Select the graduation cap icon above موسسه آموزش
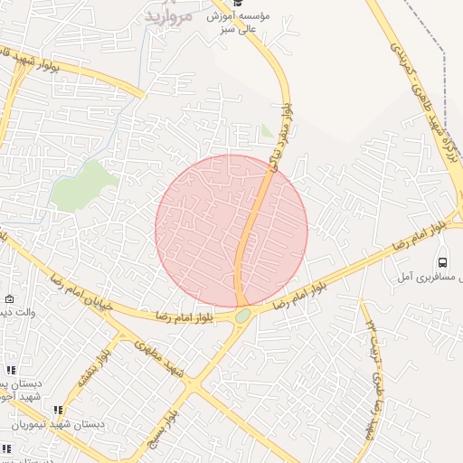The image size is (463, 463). coord(237,3)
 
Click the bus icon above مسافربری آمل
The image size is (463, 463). coord(442,263)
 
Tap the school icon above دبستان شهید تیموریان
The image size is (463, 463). coord(60,410)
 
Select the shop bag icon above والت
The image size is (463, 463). coord(9,299)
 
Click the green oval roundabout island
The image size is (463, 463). coord(242,316)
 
